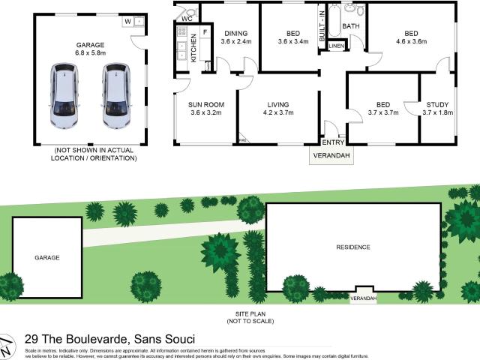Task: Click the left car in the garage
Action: (x=65, y=95)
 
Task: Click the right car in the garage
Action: (x=116, y=95)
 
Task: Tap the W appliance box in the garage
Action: (x=128, y=22)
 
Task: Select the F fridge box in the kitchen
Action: (x=205, y=34)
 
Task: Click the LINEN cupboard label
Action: (x=336, y=46)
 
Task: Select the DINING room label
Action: (x=235, y=33)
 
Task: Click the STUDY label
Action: (x=436, y=104)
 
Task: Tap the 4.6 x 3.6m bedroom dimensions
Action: (x=411, y=42)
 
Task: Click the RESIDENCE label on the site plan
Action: (x=352, y=247)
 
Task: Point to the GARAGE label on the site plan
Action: (x=46, y=257)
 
